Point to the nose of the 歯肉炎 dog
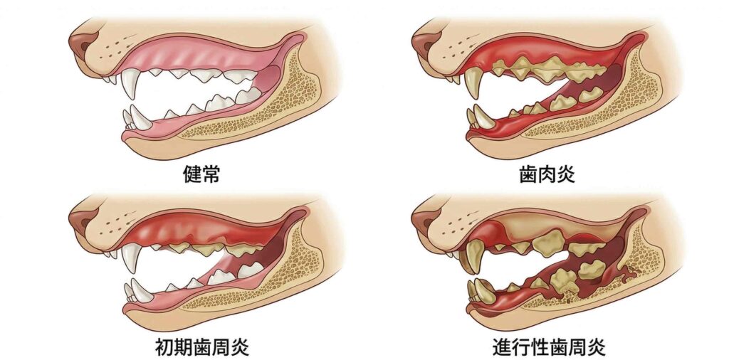[423, 45]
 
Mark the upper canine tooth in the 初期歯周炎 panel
[130, 259]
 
